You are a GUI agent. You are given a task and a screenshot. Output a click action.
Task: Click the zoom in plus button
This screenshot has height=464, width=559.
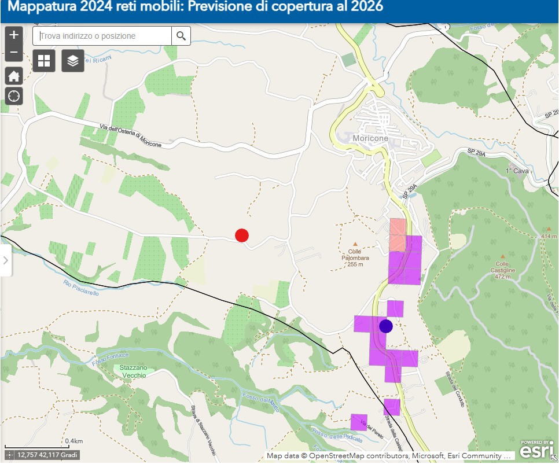(14, 35)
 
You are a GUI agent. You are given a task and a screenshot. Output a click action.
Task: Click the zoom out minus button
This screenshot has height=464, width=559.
(14, 53)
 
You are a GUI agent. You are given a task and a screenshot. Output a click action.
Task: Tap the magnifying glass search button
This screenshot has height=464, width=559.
(181, 36)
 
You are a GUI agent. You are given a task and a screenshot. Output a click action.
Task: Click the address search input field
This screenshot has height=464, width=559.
(102, 36)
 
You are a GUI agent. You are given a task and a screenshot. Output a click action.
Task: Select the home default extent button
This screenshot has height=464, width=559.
(14, 76)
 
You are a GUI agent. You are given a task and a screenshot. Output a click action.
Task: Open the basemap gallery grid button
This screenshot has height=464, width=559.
(44, 60)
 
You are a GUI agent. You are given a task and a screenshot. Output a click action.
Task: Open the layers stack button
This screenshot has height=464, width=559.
(73, 60)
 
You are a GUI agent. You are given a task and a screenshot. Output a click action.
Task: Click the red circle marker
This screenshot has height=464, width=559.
(242, 235)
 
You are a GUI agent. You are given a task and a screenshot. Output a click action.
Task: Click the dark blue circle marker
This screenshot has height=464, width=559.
(385, 326)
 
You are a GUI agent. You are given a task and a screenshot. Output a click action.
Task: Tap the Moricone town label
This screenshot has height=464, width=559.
(370, 139)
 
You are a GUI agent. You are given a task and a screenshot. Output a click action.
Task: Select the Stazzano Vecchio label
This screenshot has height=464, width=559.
(134, 371)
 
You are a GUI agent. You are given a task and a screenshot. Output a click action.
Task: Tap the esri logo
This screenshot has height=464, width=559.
(536, 450)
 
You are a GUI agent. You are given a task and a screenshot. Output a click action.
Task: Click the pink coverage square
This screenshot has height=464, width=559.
(398, 234)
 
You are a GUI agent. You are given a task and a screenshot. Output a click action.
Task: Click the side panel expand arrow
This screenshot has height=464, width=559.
(6, 260)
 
